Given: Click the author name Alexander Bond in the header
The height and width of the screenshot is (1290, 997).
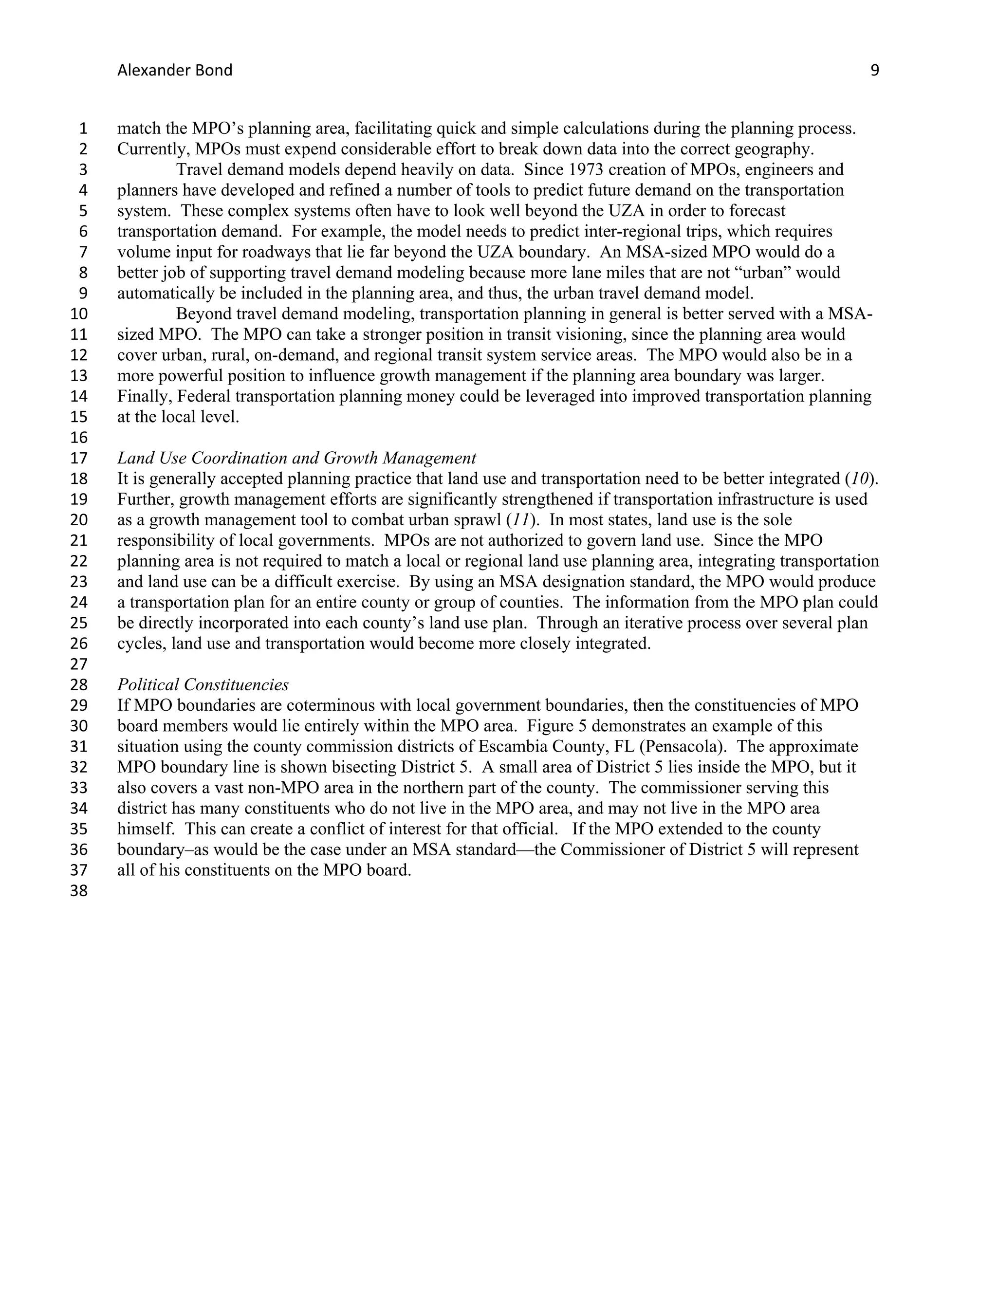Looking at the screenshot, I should [175, 70].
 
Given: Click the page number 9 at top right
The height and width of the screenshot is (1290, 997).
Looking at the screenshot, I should [874, 70].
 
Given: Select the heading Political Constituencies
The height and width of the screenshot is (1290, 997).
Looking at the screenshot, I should [203, 684].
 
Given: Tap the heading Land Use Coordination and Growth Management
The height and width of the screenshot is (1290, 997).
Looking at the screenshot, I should [296, 458].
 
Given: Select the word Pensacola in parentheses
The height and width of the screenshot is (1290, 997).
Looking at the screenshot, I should [682, 747].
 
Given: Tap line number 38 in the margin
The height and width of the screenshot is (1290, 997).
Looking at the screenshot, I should [78, 891].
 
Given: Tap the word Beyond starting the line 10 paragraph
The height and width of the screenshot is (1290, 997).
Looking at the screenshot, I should [203, 313].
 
